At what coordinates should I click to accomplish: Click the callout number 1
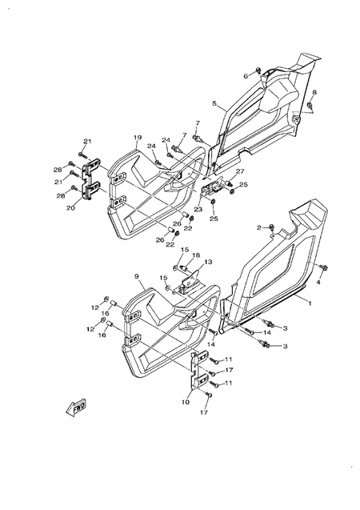coord(310,303)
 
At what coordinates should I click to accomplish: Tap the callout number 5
coord(214,103)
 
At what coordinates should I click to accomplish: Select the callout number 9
coord(137,276)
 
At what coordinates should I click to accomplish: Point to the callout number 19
coord(138,138)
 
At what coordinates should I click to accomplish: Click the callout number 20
coord(70,208)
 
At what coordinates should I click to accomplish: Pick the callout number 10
coord(186,402)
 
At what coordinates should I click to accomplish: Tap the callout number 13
coord(208,262)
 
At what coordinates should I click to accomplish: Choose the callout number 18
coord(196,255)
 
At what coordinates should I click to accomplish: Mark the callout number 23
coord(198,210)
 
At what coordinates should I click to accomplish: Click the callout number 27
coord(240,171)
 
